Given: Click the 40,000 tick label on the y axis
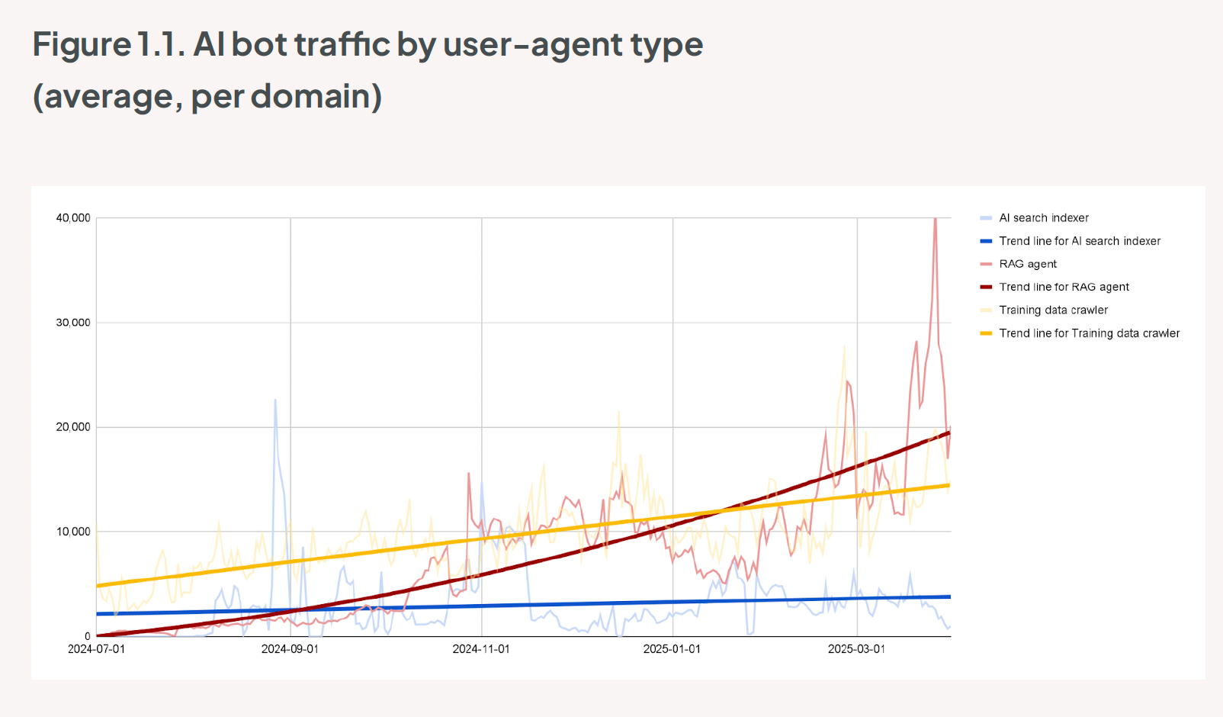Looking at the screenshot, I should click(x=73, y=218).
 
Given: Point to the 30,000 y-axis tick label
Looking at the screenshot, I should click(x=73, y=323).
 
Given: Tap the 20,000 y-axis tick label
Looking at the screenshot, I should click(x=73, y=427).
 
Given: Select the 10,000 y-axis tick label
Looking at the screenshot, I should click(x=73, y=532).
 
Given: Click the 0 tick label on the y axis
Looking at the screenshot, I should click(x=88, y=636).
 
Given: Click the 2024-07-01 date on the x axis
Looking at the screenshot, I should click(x=96, y=649).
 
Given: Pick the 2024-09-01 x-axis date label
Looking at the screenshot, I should click(x=290, y=649).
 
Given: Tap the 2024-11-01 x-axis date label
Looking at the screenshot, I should click(x=481, y=649).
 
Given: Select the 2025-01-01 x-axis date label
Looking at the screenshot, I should click(x=672, y=649).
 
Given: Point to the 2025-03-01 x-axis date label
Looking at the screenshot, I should click(x=857, y=649).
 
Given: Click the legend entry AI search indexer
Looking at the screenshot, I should click(x=1044, y=218).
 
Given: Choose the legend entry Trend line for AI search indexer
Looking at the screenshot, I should click(x=1080, y=241).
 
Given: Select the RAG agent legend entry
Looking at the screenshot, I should click(x=1028, y=264).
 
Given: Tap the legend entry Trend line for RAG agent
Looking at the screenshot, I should click(x=1064, y=287).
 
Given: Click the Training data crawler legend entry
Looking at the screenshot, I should click(x=1054, y=310).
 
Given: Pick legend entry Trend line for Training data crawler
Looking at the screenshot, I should click(x=1090, y=333).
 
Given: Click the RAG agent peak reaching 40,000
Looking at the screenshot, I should click(x=936, y=220).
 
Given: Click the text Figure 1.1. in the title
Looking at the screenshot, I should click(x=109, y=44).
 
